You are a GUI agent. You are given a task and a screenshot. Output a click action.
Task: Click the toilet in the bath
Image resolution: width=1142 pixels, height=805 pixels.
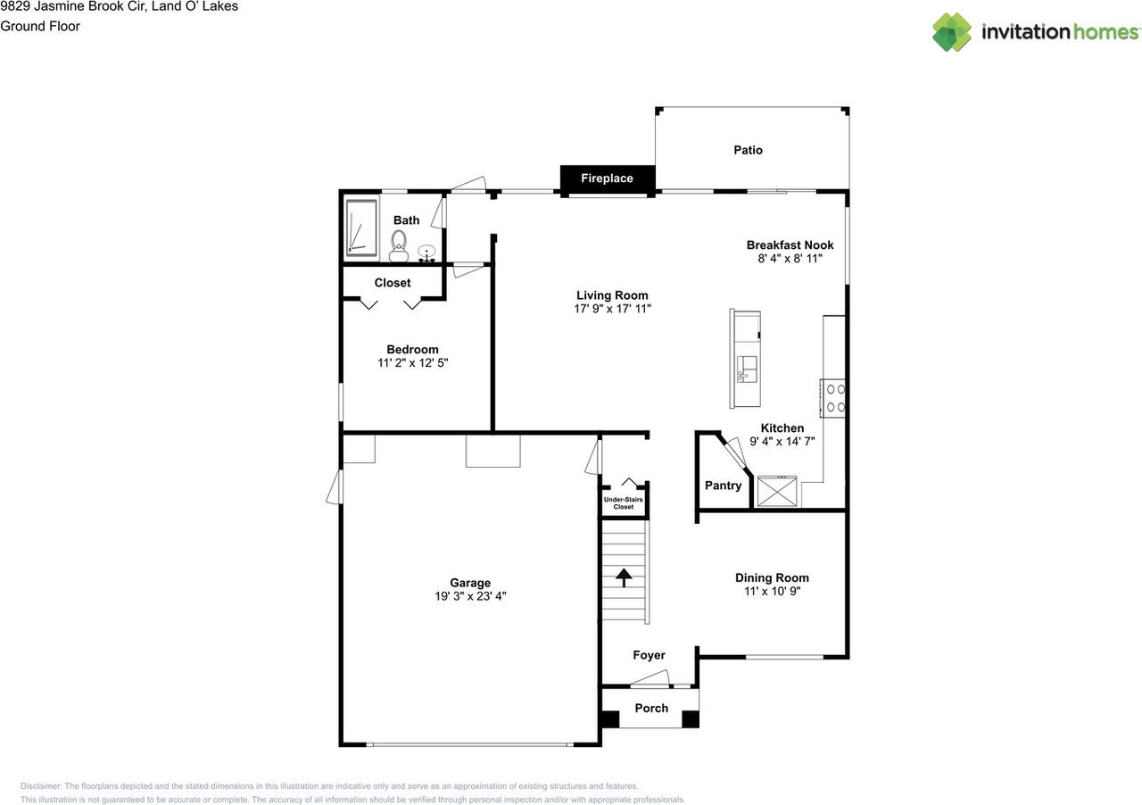(x=398, y=241)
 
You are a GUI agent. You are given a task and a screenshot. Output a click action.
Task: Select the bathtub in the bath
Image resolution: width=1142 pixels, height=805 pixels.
(x=362, y=228)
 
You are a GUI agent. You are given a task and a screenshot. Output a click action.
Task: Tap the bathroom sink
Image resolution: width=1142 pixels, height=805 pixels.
(x=428, y=253)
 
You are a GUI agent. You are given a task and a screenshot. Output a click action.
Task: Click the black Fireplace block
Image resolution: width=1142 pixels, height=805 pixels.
(x=608, y=178)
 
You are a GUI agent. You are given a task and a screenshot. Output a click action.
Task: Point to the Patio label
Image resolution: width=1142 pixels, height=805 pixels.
(x=748, y=150)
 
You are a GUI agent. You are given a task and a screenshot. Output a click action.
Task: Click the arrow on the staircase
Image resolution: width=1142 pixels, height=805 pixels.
(x=623, y=576)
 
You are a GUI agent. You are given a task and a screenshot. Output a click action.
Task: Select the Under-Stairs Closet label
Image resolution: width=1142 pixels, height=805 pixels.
(x=623, y=503)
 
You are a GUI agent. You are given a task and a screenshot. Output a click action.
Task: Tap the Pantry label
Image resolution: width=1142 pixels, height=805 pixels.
(x=723, y=485)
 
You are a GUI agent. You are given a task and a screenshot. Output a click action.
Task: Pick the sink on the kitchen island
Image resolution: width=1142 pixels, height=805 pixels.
(x=747, y=368)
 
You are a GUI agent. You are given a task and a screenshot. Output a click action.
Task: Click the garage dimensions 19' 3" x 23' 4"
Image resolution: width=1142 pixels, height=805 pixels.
(x=469, y=597)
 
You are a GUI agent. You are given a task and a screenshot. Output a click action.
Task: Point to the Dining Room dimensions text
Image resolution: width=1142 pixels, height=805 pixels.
(x=772, y=591)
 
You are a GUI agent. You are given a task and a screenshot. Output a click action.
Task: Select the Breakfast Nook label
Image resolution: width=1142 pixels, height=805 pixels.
(x=790, y=245)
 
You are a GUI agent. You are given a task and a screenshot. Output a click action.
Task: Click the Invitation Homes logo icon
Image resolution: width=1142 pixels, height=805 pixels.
(x=952, y=32)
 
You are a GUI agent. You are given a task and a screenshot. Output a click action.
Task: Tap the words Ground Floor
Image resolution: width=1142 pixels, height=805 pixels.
(x=40, y=26)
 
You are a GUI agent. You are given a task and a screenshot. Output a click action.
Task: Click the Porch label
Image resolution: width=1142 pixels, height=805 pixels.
(x=651, y=708)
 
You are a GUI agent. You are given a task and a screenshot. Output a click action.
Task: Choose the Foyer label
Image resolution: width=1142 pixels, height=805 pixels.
(x=649, y=655)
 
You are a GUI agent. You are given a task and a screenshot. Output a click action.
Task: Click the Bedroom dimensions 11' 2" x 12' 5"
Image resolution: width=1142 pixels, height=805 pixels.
(x=412, y=363)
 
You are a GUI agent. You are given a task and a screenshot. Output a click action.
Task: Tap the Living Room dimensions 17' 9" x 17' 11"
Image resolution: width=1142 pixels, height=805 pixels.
(x=612, y=309)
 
